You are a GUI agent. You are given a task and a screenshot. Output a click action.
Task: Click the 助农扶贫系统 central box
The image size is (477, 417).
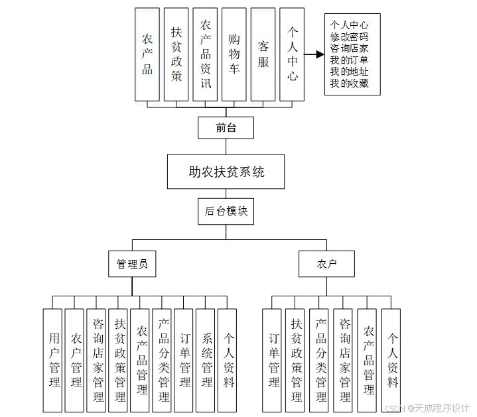[226, 172]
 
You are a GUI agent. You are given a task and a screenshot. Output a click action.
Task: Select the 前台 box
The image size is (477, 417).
[226, 128]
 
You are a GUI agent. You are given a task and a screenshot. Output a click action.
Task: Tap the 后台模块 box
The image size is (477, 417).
[226, 211]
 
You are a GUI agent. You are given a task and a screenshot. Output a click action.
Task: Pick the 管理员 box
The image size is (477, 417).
[131, 264]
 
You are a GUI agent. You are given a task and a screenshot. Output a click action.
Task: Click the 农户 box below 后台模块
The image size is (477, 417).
[326, 264]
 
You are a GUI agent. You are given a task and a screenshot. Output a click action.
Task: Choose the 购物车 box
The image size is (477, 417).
[234, 54]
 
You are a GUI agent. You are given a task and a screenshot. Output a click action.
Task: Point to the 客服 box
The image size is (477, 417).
[263, 54]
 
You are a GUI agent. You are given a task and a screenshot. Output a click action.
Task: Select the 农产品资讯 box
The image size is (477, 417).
[206, 54]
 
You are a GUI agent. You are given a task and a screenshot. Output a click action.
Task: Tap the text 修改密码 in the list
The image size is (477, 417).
[350, 37]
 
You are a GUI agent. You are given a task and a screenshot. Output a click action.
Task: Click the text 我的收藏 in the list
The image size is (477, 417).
[350, 84]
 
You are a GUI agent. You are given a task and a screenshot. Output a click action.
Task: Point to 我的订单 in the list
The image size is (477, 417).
[350, 60]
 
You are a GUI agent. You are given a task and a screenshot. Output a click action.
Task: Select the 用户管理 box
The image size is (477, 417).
[54, 360]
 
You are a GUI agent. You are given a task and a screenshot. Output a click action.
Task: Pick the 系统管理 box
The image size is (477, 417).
[206, 360]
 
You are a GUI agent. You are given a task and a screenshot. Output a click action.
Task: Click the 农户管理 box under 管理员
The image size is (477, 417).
[76, 360]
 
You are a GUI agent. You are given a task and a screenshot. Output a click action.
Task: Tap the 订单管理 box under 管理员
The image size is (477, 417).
[185, 360]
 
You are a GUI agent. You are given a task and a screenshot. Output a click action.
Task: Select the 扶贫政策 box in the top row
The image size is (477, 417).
[176, 54]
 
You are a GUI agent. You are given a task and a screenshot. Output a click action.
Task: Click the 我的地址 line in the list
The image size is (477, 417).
[350, 72]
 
